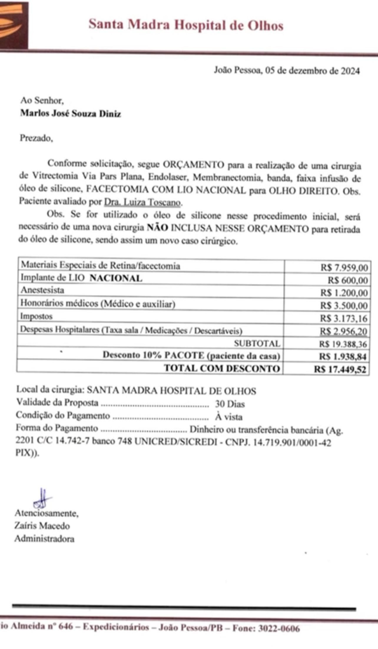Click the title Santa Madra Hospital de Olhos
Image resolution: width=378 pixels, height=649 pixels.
point(186,25)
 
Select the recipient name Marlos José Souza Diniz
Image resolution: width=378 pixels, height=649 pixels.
point(70,114)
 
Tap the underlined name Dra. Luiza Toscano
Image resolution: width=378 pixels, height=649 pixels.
point(142,202)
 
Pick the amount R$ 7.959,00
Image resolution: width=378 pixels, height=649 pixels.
point(344,268)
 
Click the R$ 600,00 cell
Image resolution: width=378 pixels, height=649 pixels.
point(348,280)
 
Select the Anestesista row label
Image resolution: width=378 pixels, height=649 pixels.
point(42,290)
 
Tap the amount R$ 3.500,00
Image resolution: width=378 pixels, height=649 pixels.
point(344,306)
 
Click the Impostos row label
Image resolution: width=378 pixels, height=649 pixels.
point(36,316)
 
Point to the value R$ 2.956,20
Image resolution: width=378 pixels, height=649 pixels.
point(344,332)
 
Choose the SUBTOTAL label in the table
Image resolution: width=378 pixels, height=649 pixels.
point(257,343)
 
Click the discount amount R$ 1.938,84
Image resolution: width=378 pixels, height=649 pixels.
point(343,357)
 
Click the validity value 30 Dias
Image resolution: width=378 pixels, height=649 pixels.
point(230,404)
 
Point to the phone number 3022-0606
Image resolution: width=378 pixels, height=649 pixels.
point(279,628)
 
